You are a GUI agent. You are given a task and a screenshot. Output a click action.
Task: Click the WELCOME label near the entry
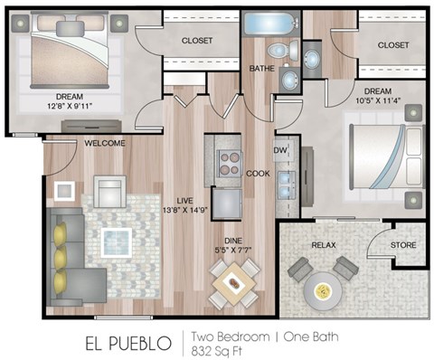tap(105, 143)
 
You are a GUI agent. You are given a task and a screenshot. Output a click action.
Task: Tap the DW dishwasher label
tap(280, 151)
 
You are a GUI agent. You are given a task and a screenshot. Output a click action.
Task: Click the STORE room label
tap(402, 244)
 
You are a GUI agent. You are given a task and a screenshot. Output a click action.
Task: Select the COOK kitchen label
tap(257, 173)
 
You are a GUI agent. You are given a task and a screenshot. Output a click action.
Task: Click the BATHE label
tap(261, 68)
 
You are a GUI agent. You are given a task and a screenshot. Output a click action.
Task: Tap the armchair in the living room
tap(109, 192)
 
